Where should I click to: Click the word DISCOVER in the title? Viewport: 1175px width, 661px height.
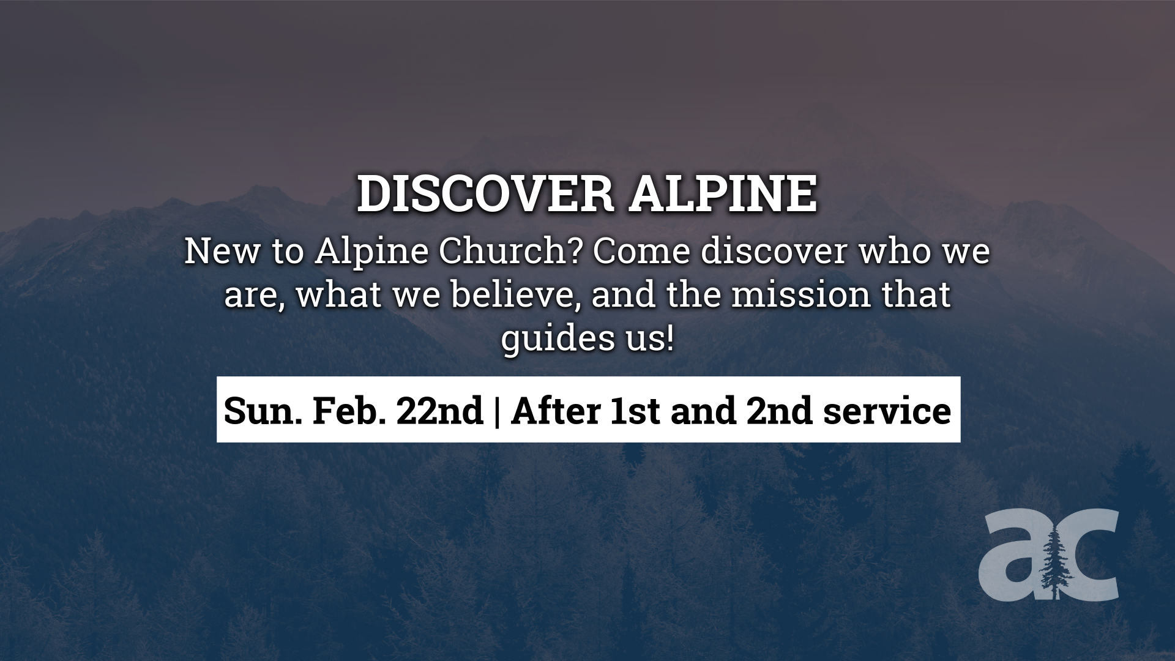tap(485, 195)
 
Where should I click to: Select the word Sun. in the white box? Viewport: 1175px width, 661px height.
tap(263, 411)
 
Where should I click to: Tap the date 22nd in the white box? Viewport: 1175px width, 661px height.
tap(439, 411)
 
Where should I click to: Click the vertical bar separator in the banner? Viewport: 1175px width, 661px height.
tap(496, 411)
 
